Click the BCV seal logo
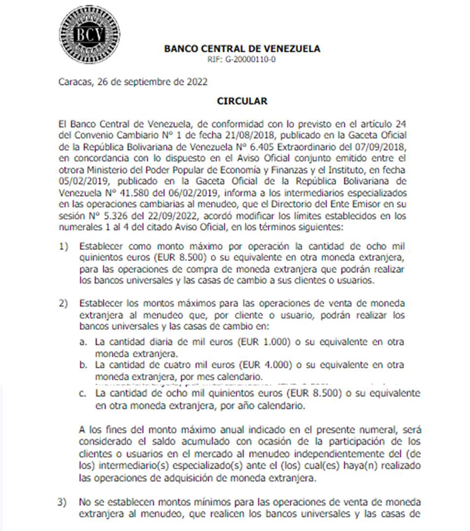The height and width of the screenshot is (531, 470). click(x=89, y=34)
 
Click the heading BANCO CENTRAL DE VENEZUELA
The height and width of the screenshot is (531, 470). click(x=242, y=48)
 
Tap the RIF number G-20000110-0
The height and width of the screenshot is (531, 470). click(x=242, y=59)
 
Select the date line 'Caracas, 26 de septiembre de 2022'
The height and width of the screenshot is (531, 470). click(x=133, y=82)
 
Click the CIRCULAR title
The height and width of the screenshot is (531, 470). click(x=242, y=101)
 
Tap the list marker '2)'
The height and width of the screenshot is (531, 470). click(x=63, y=303)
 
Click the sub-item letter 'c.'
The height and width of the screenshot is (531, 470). click(x=83, y=394)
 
